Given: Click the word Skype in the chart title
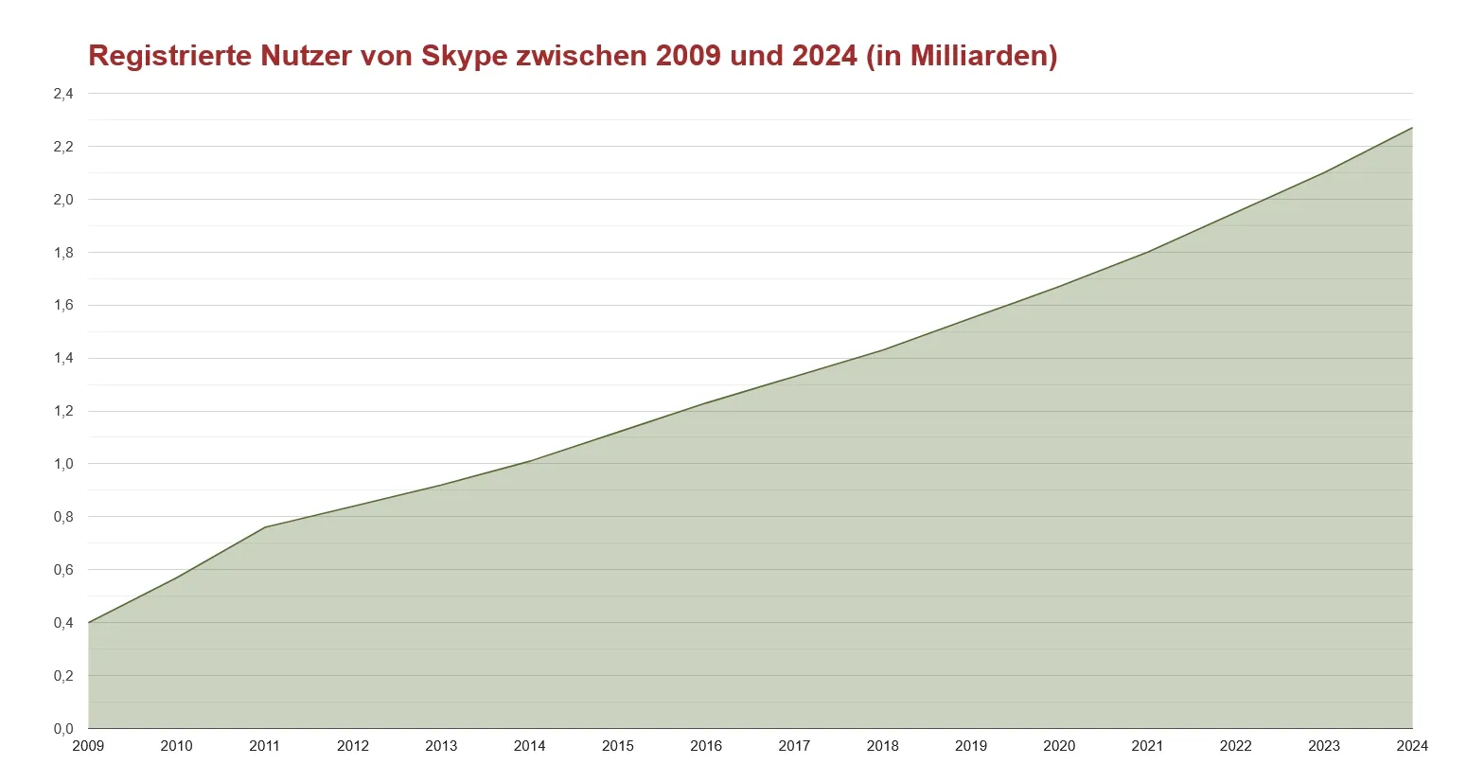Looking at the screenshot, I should pos(465,56).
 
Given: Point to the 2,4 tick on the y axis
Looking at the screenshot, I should pos(63,94).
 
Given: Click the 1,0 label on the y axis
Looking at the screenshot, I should pos(63,464).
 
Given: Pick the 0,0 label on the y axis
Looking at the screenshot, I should pos(63,729).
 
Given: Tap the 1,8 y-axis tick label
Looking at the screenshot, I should pos(63,253).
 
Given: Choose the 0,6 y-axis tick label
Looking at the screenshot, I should pos(63,570).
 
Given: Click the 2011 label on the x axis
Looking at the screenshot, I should pos(265,746).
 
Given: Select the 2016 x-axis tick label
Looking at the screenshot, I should pos(706,746).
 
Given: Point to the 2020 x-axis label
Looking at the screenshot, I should pos(1059,746).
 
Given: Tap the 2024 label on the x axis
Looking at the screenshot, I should pos(1411,746).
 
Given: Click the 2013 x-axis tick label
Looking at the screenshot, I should pos(441,746).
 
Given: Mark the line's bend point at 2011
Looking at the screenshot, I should pos(265,527).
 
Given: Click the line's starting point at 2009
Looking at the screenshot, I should pos(89,623).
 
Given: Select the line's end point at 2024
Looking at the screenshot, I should pos(1411,128).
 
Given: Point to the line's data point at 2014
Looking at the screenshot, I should pos(530,461).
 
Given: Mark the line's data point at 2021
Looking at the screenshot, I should pos(1147,252).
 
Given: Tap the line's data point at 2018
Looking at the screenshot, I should pos(883,350).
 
